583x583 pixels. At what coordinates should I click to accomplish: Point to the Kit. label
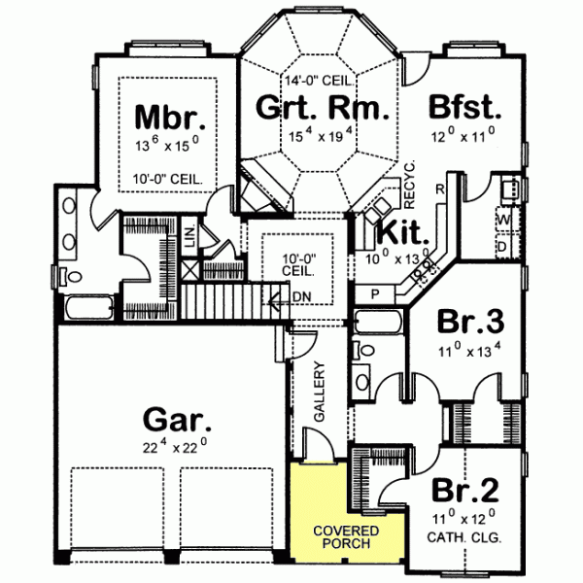pyautogui.click(x=398, y=233)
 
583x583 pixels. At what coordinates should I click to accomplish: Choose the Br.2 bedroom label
pyautogui.click(x=463, y=490)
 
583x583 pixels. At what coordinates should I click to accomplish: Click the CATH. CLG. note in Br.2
pyautogui.click(x=463, y=535)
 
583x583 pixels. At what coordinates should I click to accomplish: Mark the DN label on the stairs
pyautogui.click(x=302, y=296)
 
